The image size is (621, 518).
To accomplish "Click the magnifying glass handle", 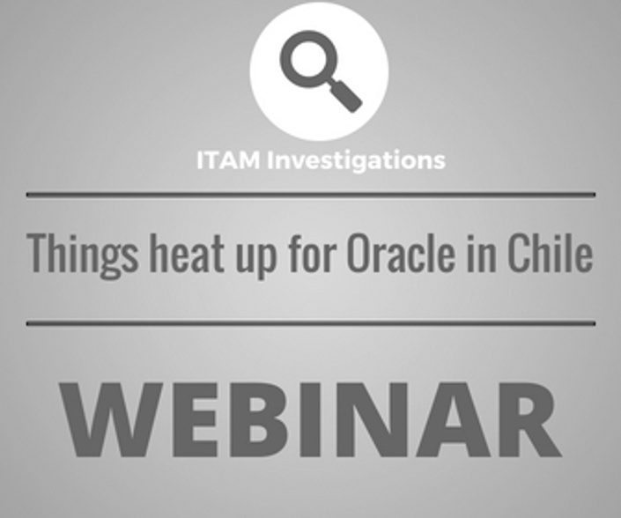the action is pyautogui.click(x=345, y=95).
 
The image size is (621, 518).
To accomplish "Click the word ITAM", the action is pyautogui.click(x=228, y=160).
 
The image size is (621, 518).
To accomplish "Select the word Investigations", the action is pyautogui.click(x=357, y=161).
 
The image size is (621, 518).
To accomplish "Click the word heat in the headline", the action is pyautogui.click(x=187, y=254).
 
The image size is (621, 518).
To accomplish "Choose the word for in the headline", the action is pyautogui.click(x=313, y=254).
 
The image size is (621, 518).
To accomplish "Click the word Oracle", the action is pyautogui.click(x=401, y=254).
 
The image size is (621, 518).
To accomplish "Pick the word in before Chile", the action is pyautogui.click(x=481, y=254).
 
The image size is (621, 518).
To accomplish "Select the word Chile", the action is pyautogui.click(x=551, y=254).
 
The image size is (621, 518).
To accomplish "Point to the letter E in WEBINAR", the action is pyautogui.click(x=194, y=420).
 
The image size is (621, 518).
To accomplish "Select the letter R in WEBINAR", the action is pyautogui.click(x=529, y=420).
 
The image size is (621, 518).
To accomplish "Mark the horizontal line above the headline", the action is pyautogui.click(x=311, y=195).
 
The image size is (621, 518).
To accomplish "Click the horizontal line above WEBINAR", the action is pyautogui.click(x=311, y=323).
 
